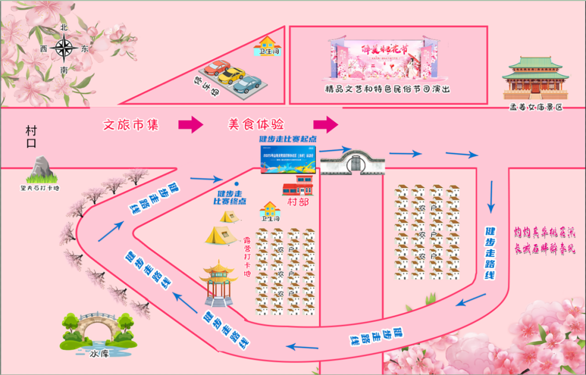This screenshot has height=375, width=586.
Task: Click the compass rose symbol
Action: pos(65,48)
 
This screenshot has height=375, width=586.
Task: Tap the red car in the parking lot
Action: pos(217,68)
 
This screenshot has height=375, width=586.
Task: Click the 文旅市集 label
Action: pos(131,124)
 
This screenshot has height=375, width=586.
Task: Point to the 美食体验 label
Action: pos(256,124)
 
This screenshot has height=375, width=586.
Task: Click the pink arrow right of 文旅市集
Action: pos(190,124)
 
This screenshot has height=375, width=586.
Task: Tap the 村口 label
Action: pos(31,137)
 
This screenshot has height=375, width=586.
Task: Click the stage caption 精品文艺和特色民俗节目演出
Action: pos(387,89)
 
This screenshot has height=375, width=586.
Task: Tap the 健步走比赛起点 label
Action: pos(288,139)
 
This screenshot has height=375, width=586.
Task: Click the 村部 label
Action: pos(297,203)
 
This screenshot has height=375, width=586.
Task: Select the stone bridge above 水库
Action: pos(98,328)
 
